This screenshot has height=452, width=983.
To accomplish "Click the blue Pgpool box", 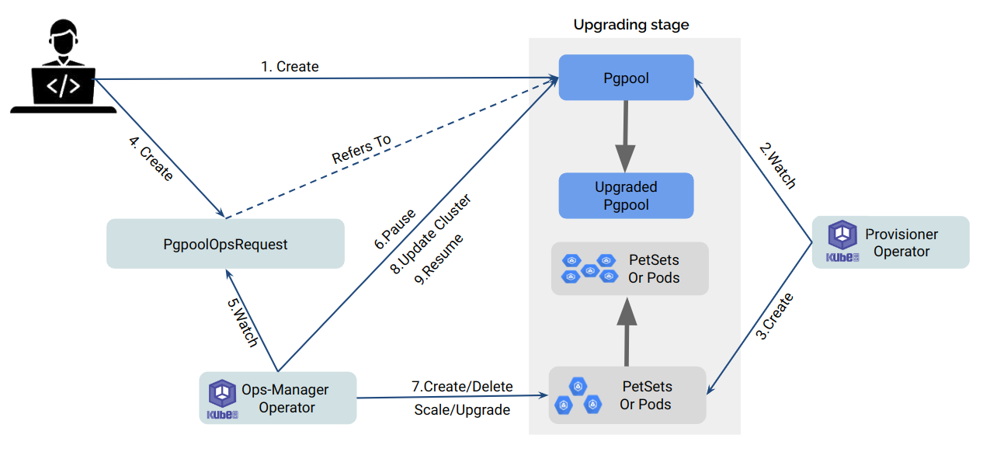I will click(x=626, y=77).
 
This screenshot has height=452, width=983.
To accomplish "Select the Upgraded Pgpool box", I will click(x=626, y=196).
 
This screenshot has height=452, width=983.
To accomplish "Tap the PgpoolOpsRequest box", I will click(x=225, y=244).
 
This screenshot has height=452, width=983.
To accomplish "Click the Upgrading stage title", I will click(x=630, y=25).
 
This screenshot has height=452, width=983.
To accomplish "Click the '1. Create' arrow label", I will click(x=290, y=67).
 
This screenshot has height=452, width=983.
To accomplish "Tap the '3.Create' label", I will click(x=775, y=316).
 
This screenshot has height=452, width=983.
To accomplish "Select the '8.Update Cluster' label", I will click(x=430, y=235).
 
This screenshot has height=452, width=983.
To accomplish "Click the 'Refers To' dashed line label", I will click(x=361, y=150).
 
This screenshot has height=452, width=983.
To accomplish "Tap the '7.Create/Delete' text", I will click(x=461, y=386).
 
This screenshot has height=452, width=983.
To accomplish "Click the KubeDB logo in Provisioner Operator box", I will click(x=842, y=242).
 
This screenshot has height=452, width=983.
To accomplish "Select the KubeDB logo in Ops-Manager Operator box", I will click(x=223, y=399).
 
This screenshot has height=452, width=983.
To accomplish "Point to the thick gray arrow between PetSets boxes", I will click(x=626, y=330).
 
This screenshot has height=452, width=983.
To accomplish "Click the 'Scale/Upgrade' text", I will click(x=462, y=409).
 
